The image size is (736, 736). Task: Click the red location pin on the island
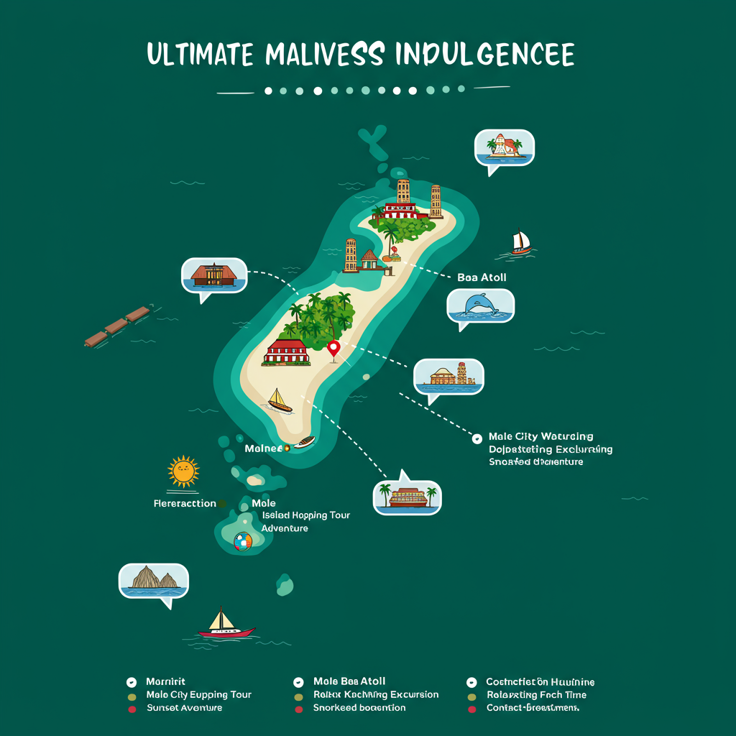(333, 349)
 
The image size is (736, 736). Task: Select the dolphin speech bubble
(480, 306)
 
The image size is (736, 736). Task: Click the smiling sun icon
(183, 471)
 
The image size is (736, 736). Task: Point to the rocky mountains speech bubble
(153, 581)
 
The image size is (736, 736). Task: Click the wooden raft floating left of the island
(116, 326)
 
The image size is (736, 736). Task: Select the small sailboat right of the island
(521, 242)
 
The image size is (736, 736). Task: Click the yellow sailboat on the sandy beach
(279, 401)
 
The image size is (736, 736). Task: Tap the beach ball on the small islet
(243, 540)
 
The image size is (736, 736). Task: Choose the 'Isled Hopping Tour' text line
(305, 515)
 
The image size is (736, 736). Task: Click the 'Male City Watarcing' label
(540, 436)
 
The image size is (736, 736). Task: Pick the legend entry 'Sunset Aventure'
(184, 708)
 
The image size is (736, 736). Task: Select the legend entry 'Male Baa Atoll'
(349, 681)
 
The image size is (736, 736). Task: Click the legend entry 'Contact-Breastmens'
(532, 708)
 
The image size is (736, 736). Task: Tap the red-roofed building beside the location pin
(286, 351)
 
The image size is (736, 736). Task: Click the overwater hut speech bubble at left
(214, 276)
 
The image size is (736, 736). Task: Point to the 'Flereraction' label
(185, 503)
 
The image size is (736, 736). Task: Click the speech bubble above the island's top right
(504, 148)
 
